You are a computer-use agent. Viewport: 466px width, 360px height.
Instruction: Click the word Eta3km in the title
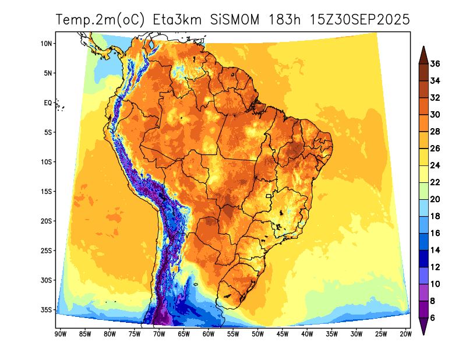click(x=177, y=19)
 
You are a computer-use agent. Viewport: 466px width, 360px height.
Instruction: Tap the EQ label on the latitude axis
click(x=48, y=103)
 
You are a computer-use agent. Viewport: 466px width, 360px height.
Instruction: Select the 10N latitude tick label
click(x=47, y=43)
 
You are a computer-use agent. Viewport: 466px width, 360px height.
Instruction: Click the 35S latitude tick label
click(x=47, y=309)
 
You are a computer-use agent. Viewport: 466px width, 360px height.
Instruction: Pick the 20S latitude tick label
click(x=47, y=221)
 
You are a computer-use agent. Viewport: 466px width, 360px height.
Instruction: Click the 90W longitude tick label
click(x=59, y=334)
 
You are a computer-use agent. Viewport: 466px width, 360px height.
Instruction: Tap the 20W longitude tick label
click(x=406, y=334)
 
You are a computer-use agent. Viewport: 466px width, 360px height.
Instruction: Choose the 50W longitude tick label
click(x=257, y=334)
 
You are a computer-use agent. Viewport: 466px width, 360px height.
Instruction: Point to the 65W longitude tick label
click(x=183, y=334)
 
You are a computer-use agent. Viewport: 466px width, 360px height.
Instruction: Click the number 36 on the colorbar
click(x=435, y=64)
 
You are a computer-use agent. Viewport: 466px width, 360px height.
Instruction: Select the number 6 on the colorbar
click(x=433, y=317)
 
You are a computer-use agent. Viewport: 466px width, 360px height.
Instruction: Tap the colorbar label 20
click(x=435, y=199)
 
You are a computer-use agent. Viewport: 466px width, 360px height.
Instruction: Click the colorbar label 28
click(x=435, y=132)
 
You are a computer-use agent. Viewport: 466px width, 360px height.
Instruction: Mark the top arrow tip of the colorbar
click(x=423, y=47)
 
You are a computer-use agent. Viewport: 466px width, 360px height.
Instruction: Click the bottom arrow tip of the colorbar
click(x=423, y=334)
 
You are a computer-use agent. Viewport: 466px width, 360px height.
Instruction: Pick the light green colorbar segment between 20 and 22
click(x=423, y=190)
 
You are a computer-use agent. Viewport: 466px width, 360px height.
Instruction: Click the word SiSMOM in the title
click(x=236, y=19)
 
